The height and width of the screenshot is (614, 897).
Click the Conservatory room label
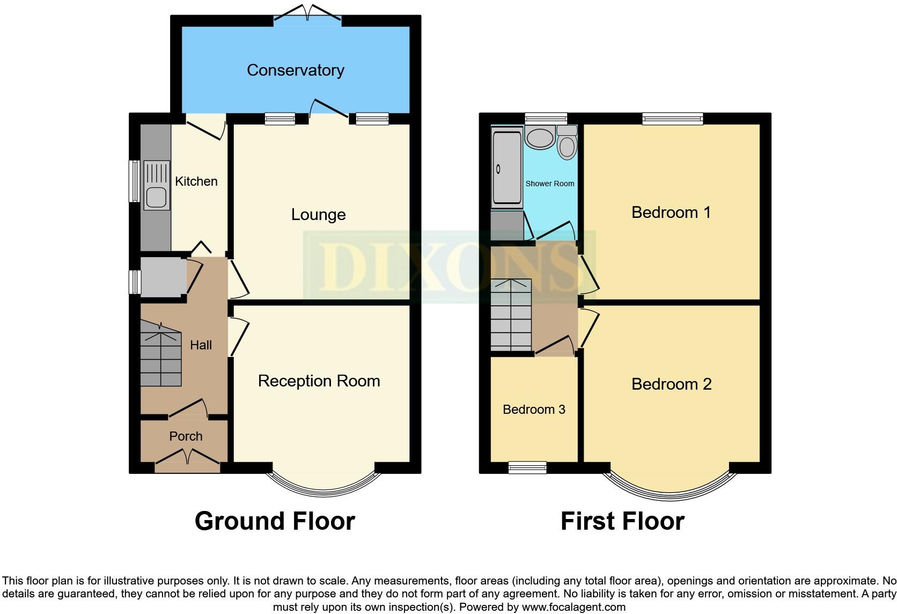295,70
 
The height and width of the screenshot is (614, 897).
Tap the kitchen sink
156,186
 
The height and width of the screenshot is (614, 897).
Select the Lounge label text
318,215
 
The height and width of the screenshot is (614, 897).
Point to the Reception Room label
319,381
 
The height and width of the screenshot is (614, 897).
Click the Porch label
186,436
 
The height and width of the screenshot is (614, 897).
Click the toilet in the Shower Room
567,144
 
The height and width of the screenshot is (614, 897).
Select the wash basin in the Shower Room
540,137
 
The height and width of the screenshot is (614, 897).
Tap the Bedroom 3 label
534,410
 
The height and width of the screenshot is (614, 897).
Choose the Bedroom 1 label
671,213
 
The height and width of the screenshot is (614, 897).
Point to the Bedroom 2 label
671,384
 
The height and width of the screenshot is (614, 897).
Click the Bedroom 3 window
527,467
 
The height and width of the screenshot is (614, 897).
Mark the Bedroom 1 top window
672,118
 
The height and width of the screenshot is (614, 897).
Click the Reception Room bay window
323,486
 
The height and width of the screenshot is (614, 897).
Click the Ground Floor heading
275,521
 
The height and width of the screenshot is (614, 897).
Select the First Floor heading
622,521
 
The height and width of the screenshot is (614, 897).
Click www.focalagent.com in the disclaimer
573,608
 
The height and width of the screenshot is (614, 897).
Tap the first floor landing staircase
511,316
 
